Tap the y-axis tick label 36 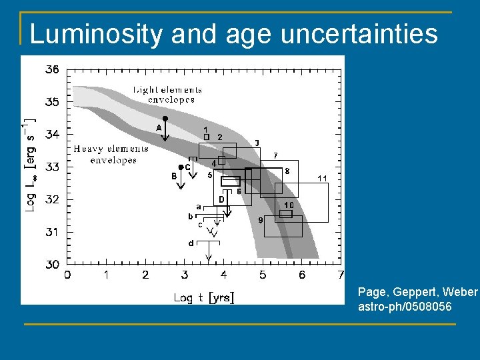click(51, 69)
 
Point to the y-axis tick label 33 click(51, 167)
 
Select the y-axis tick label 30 click(51, 265)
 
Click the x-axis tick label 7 click(341, 275)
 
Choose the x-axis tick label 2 click(145, 275)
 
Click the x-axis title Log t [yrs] click(204, 297)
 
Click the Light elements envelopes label click(167, 95)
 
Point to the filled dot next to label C click(181, 167)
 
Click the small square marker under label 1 click(206, 137)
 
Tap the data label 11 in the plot click(322, 178)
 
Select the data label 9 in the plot click(260, 219)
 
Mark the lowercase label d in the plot click(191, 243)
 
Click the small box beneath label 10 click(286, 213)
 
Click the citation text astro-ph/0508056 click(405, 307)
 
